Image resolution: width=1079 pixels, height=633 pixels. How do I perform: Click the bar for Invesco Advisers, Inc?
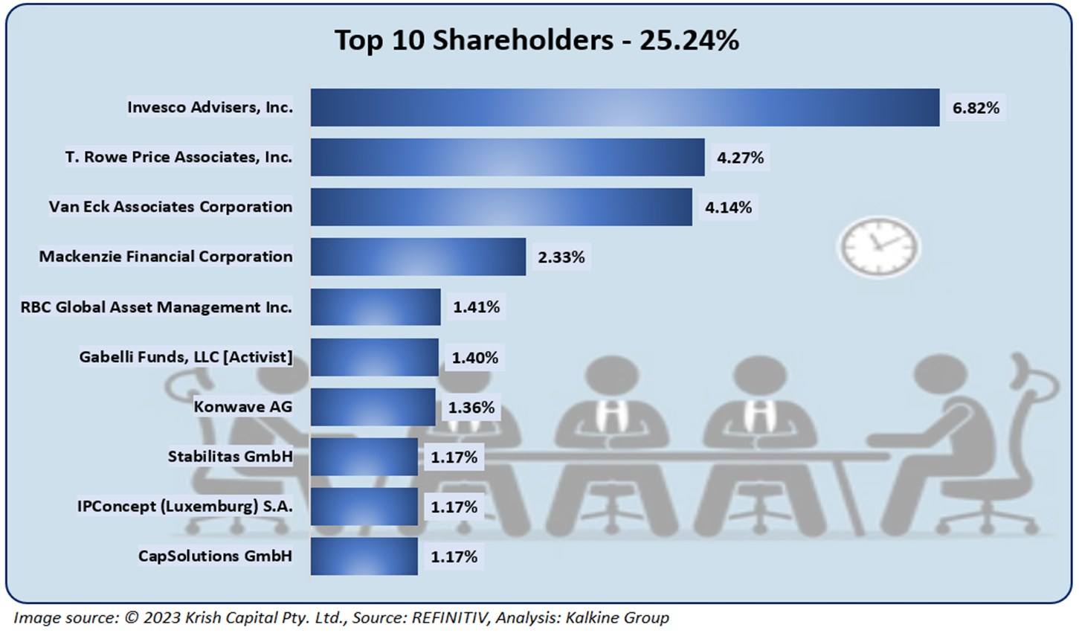pos(625,108)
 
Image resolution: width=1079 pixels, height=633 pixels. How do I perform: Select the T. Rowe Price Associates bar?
pos(507,158)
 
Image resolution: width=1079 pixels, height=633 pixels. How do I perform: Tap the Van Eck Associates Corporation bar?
pos(501,207)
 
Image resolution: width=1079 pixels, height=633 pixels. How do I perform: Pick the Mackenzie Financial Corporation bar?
pos(418,257)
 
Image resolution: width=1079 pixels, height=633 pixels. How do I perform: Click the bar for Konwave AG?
pos(373,407)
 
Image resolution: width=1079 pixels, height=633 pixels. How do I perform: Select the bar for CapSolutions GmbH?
pos(364,556)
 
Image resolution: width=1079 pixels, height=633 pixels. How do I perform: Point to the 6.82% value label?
pos(976,108)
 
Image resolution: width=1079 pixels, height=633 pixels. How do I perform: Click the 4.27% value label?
pos(740,158)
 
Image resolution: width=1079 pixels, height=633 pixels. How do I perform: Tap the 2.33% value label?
pos(561,257)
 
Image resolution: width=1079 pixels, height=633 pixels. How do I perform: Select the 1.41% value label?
pos(477,307)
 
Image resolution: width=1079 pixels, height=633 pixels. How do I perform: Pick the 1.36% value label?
pos(471,408)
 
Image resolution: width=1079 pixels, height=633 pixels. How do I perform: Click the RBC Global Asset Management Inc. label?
pos(156,307)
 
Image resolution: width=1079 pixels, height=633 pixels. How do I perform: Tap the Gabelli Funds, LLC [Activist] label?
pos(186,357)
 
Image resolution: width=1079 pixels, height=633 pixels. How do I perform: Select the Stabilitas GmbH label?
pos(230,457)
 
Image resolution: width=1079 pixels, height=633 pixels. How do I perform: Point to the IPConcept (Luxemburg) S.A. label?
pos(185,507)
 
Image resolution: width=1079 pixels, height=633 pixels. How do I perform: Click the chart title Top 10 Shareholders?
pos(537,40)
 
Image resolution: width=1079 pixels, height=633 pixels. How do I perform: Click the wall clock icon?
pos(878,247)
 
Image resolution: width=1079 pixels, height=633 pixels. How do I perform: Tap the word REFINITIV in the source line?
pos(450,618)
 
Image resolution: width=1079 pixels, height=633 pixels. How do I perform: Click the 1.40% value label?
pos(475,358)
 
